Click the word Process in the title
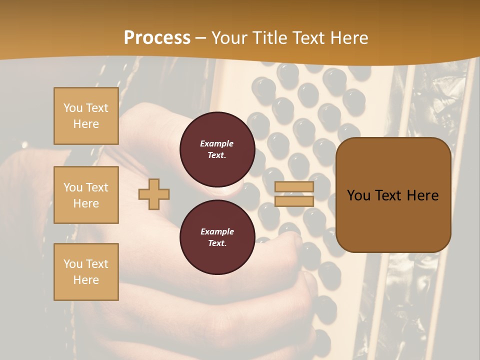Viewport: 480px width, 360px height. tap(157, 37)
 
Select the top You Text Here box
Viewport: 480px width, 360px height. tap(86, 116)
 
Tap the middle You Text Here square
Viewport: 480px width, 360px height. tap(86, 195)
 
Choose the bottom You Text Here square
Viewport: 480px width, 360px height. tap(86, 271)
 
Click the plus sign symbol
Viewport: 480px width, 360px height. tap(154, 194)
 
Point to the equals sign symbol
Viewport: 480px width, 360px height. tap(294, 194)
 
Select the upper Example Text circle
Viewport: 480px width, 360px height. tap(217, 149)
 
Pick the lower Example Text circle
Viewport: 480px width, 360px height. tap(217, 237)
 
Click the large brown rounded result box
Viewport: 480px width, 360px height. tap(393, 195)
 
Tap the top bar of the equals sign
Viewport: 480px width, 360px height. tap(294, 187)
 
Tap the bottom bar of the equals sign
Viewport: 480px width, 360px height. tap(294, 201)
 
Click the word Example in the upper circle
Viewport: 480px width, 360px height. tap(217, 143)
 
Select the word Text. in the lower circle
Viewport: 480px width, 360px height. tap(217, 243)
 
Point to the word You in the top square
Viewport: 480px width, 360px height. tap(73, 108)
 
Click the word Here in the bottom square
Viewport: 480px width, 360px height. tap(86, 280)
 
